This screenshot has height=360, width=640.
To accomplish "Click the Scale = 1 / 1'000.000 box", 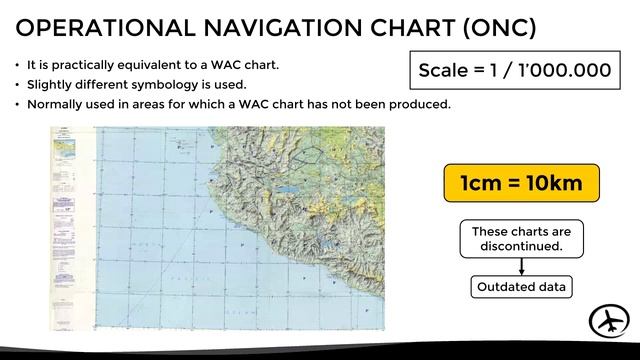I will coord(514,70).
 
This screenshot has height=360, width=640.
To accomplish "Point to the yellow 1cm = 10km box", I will coord(521,184).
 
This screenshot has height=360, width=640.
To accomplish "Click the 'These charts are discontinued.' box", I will coord(521,238).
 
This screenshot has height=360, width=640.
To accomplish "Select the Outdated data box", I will coord(521,287).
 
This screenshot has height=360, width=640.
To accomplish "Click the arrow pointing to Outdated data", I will coord(521,266).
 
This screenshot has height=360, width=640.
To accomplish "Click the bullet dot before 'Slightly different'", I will coord(17,85).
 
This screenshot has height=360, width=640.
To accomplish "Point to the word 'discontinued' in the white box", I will coord(520,246).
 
